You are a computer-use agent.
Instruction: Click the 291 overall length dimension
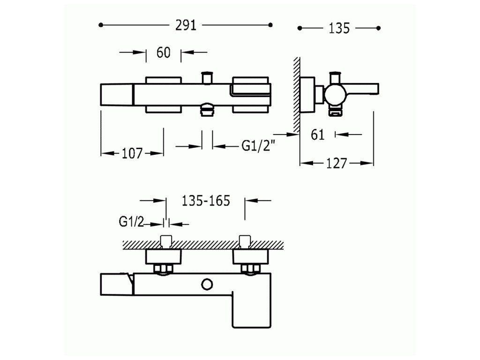pos(185,25)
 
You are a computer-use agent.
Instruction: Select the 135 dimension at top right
pos(339,28)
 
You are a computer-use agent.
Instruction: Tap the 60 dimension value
pos(163,52)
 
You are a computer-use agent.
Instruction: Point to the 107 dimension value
pos(132,153)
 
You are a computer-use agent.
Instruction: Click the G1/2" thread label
pos(258,146)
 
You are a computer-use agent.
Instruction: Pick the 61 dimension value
pos(318,135)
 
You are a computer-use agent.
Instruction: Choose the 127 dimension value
pos(337,163)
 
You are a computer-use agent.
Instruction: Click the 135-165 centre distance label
pos(205,201)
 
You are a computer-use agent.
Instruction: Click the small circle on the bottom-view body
pos(206,284)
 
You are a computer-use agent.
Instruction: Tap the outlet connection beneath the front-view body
pos(206,111)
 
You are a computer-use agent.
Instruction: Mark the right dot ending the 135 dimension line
pos(379,28)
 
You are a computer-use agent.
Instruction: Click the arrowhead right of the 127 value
pos(369,163)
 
